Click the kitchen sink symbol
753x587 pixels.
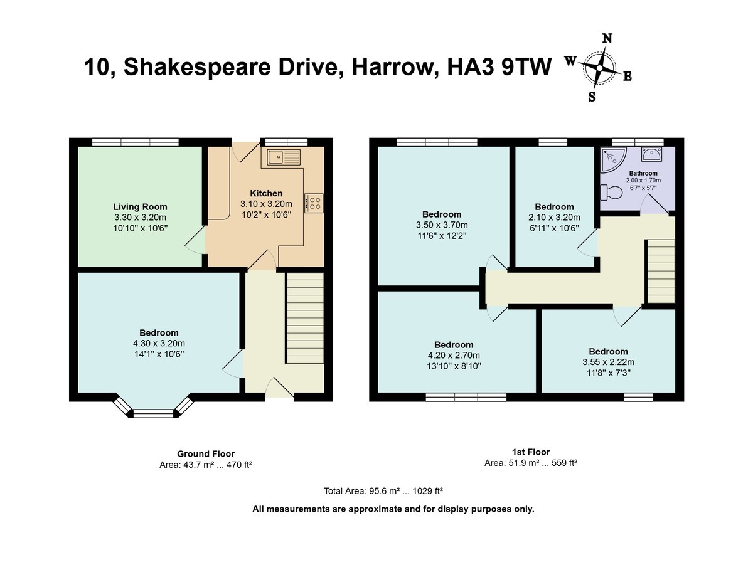pos(284,157)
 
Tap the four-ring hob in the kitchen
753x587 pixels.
pos(314,203)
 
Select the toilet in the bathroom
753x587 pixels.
pos(612,193)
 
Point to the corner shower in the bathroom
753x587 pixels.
pos(613,160)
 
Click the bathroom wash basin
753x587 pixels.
pos(652,154)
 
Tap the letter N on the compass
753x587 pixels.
pos(607,38)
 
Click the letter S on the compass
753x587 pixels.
pos(592,97)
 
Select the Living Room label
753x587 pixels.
pos(140,207)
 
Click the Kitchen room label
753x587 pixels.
pos(266,193)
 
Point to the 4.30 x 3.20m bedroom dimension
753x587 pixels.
pos(159,343)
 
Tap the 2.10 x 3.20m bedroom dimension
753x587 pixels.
pos(554,218)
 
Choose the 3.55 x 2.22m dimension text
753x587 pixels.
pos(608,362)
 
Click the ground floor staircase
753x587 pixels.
pos(305,318)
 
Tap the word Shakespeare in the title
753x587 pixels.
pos(197,67)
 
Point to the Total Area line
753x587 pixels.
pos(383,491)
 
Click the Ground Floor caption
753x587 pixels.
pos(205,453)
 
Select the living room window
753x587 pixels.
pos(136,142)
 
